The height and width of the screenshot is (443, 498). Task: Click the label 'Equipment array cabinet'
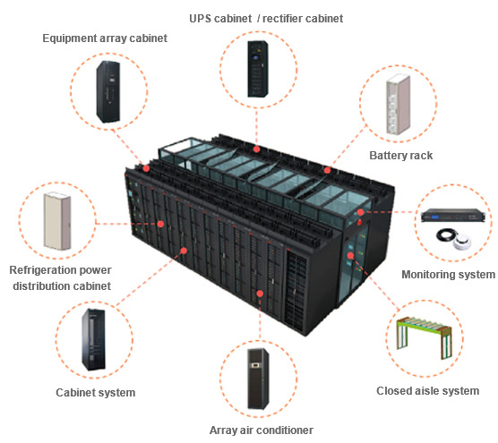(x=105, y=38)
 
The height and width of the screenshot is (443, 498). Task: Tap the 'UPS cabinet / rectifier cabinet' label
(x=266, y=19)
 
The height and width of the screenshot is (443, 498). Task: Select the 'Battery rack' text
(x=400, y=156)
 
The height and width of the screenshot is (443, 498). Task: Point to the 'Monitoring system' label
(x=448, y=275)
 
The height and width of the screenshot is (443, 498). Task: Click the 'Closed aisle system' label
(x=428, y=390)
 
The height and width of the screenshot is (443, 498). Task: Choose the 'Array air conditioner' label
(x=262, y=430)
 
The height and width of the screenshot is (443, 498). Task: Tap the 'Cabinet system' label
(x=96, y=393)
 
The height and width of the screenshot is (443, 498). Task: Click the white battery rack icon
(x=399, y=104)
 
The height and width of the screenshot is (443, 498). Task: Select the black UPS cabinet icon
(x=258, y=69)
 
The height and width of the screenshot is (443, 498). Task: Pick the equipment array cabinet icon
(x=108, y=91)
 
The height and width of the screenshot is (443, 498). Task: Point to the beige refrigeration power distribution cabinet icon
(x=57, y=221)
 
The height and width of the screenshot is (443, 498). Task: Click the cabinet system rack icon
(x=93, y=339)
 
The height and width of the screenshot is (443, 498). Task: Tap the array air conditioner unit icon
(x=258, y=379)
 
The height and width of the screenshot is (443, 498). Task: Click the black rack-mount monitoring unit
(x=453, y=216)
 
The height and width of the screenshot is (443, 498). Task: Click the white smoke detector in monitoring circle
(x=462, y=243)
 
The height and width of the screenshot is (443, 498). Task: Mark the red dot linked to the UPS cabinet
(x=257, y=149)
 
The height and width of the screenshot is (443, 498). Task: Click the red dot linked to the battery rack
(x=328, y=170)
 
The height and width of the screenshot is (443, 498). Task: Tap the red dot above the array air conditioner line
(x=260, y=294)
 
